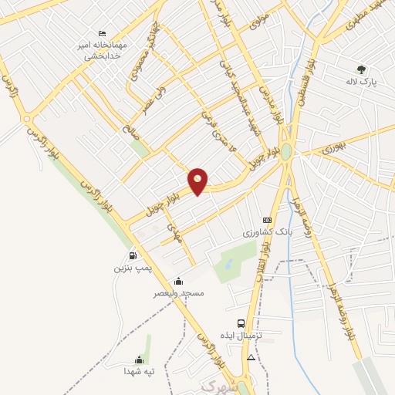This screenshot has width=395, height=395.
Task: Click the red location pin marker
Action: pyautogui.click(x=198, y=181)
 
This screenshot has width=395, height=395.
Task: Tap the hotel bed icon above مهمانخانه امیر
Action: pyautogui.click(x=103, y=34)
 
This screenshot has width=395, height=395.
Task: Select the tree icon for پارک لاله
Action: pyautogui.click(x=360, y=69)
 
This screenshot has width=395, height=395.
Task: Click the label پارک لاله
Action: pyautogui.click(x=360, y=82)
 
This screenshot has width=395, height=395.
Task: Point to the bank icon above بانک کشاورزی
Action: pyautogui.click(x=268, y=220)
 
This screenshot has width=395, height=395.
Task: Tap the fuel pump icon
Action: pyautogui.click(x=133, y=255)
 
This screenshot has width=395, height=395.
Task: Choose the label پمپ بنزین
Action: pyautogui.click(x=129, y=268)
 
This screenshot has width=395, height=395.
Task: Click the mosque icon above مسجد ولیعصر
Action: pyautogui.click(x=179, y=282)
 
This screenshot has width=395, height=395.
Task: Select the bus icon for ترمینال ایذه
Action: pyautogui.click(x=241, y=324)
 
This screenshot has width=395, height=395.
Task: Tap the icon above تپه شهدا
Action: pyautogui.click(x=139, y=360)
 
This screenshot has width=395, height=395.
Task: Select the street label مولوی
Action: pyautogui.click(x=259, y=20)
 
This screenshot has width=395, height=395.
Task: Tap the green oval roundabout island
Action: pyautogui.click(x=286, y=151)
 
